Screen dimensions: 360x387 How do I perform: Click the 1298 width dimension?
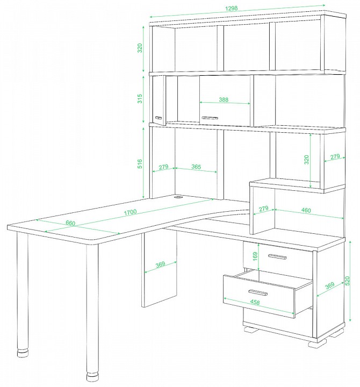(x=232, y=8)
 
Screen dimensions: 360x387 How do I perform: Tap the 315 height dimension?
(x=140, y=99)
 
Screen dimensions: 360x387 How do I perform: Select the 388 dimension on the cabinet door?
(x=224, y=99)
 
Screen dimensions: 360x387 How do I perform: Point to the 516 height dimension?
(x=140, y=164)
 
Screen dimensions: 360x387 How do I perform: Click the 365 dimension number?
(x=196, y=167)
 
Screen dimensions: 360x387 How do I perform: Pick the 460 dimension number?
(x=306, y=210)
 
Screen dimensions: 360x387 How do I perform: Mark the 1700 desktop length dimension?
(x=130, y=212)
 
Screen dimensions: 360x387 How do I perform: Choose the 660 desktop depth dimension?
(x=70, y=223)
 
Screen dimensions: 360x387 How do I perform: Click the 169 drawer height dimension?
(x=255, y=256)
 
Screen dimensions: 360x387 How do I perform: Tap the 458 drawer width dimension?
(x=255, y=302)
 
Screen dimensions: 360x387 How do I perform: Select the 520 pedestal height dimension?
(x=348, y=281)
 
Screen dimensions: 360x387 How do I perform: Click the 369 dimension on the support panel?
(x=160, y=264)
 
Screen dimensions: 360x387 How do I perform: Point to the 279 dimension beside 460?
(x=263, y=209)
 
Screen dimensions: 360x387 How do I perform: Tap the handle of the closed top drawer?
(x=277, y=257)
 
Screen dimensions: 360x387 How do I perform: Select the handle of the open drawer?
(x=258, y=292)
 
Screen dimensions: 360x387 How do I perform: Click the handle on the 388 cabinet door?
(x=210, y=118)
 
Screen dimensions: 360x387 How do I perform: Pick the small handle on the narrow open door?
(x=159, y=118)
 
